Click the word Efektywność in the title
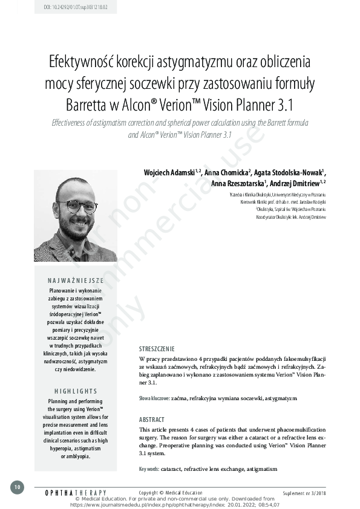point(82,62)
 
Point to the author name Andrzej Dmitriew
point(295,183)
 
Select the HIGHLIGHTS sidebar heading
point(76,391)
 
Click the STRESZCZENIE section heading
point(157,349)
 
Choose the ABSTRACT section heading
point(152,420)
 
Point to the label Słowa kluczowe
point(154,399)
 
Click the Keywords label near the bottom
point(149,469)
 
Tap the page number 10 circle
point(17,487)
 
